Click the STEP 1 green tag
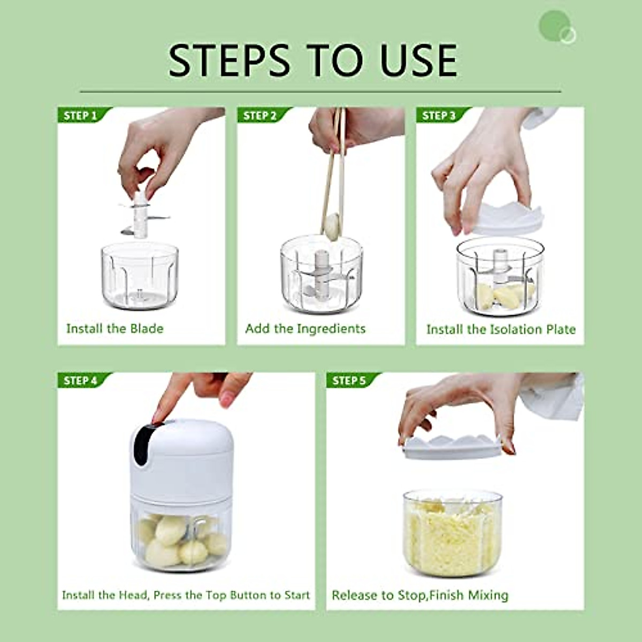[x=81, y=116]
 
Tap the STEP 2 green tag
[x=261, y=116]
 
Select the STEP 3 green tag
[x=439, y=116]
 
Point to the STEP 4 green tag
[x=81, y=380]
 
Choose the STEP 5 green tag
[x=349, y=380]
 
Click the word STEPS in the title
[x=229, y=60]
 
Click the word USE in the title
[x=419, y=60]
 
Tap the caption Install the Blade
[x=114, y=328]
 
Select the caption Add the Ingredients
[x=305, y=328]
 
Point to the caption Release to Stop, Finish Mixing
[x=420, y=595]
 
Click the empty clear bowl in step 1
[x=140, y=276]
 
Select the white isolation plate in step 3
[x=508, y=219]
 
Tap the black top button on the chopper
[x=143, y=441]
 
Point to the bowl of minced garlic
[x=452, y=532]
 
